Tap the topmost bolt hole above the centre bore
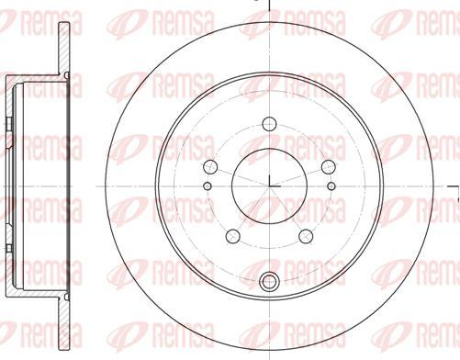(x=268, y=124)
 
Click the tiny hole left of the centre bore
(x=206, y=186)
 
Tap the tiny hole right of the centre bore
(x=331, y=186)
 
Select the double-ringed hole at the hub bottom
(x=268, y=283)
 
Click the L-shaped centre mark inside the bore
(x=267, y=180)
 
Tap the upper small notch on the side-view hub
(x=8, y=124)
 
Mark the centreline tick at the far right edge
(x=456, y=196)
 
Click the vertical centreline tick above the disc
(x=267, y=6)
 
